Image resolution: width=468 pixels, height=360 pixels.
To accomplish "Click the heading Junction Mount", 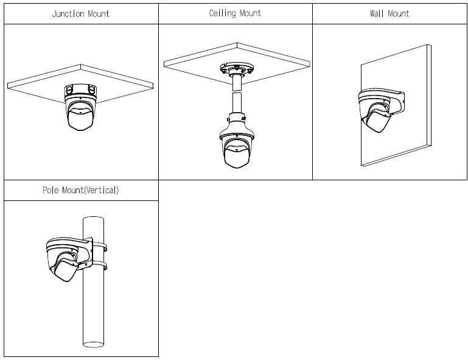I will (81, 13).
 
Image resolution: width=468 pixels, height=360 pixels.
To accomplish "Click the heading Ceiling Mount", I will (235, 13).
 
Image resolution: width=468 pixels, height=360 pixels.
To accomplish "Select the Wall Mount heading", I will (389, 13).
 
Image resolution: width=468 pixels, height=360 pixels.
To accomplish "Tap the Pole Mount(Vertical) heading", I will (81, 190).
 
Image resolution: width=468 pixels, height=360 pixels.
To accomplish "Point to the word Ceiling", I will (222, 13).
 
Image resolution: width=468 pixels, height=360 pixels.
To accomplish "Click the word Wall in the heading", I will (376, 13).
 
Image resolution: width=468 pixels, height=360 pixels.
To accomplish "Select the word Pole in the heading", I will (51, 190).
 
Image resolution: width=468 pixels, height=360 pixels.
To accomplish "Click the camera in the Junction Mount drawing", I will (80, 114).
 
